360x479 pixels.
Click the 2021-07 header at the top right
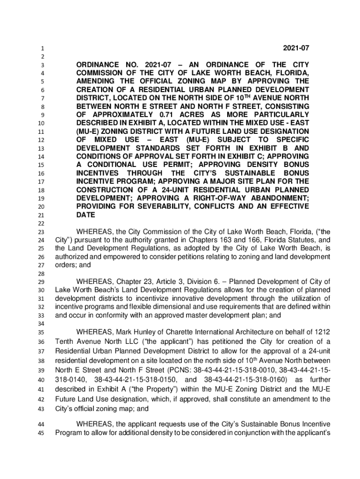tap(295, 48)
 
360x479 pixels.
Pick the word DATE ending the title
tap(86, 215)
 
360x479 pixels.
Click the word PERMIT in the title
tap(185, 165)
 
